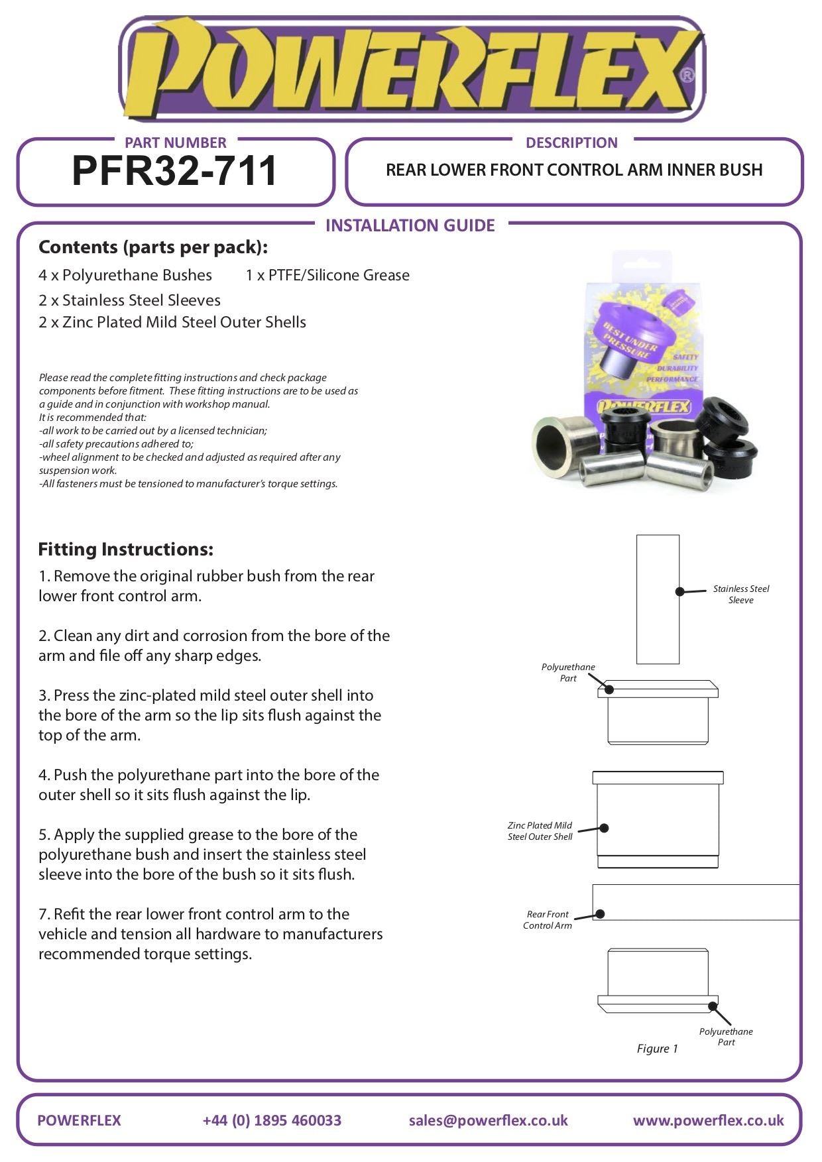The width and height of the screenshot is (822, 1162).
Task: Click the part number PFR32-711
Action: (174, 171)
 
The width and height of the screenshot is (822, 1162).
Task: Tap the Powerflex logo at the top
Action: (411, 70)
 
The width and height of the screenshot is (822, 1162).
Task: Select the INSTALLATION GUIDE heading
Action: (410, 225)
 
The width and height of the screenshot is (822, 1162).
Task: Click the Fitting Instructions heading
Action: (125, 549)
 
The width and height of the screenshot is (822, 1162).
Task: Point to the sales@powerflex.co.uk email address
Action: (488, 1120)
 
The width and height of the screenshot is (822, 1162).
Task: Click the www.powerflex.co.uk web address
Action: (708, 1120)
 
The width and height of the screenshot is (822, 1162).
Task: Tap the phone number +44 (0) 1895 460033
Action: (272, 1120)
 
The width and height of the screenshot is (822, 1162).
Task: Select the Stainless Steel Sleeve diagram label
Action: (740, 594)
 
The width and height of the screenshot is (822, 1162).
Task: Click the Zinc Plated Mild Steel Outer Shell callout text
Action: (540, 831)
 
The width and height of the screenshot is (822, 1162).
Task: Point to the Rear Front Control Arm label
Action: (547, 919)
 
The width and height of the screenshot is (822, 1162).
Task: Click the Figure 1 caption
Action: (657, 1048)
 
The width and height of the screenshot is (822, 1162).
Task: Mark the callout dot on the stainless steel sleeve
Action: (679, 591)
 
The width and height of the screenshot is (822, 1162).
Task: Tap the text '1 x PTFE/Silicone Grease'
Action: (327, 275)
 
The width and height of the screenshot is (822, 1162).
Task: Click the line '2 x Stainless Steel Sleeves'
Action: (129, 300)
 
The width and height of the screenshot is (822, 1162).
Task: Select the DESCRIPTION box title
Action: (571, 143)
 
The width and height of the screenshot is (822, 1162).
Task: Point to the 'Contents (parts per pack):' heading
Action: (153, 247)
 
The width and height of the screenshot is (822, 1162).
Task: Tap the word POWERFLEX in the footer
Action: (79, 1120)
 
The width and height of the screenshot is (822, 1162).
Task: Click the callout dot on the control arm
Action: (600, 914)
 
